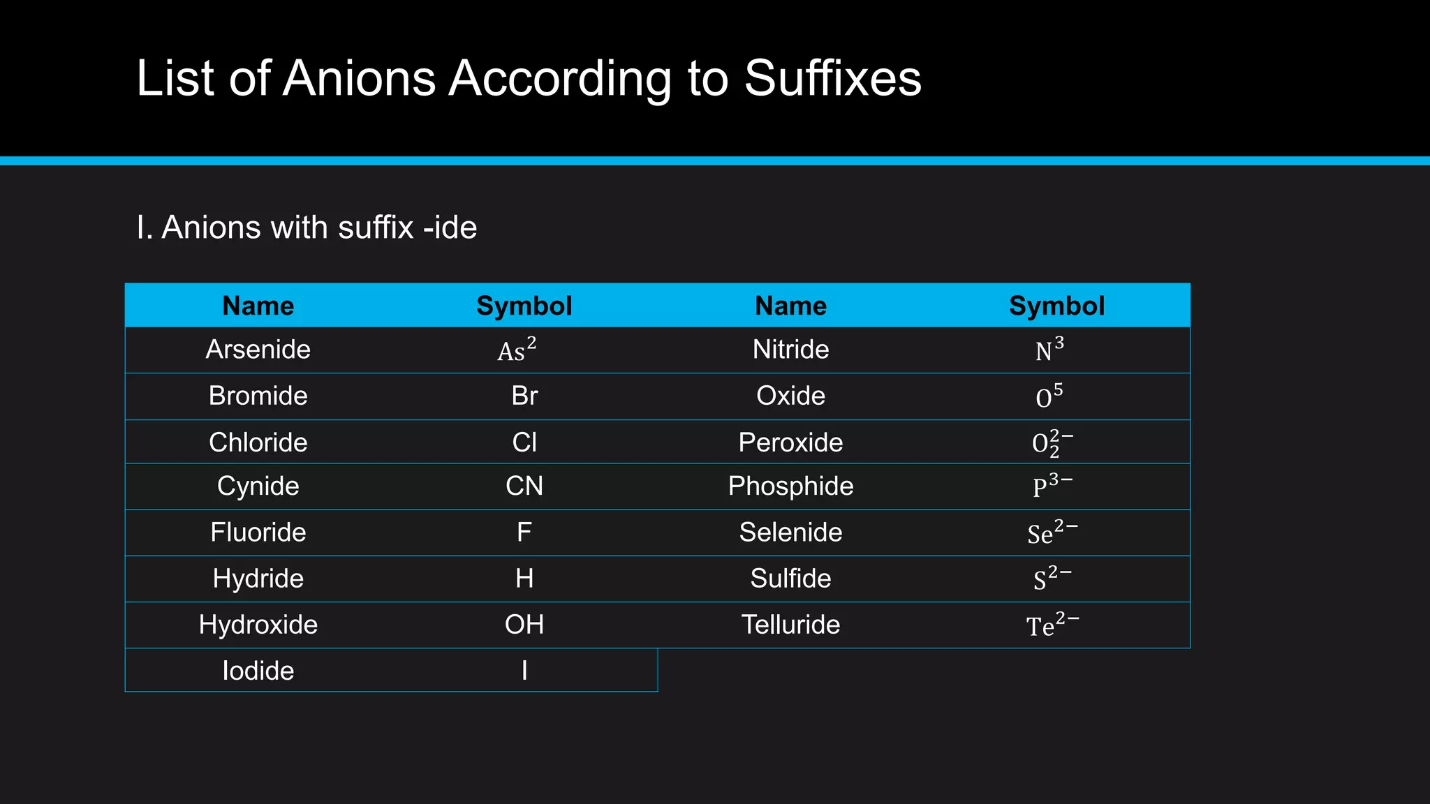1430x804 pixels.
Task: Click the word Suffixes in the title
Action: click(832, 78)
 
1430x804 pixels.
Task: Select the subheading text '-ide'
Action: click(450, 228)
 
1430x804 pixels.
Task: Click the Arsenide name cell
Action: click(258, 350)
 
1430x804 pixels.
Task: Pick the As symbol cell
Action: click(517, 350)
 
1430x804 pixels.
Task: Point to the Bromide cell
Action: click(258, 396)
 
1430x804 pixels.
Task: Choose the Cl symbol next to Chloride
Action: click(524, 442)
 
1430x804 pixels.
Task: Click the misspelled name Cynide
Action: click(258, 486)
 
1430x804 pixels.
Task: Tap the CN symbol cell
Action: click(524, 486)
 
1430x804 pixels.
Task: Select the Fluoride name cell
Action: click(258, 533)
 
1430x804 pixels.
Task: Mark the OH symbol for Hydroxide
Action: click(524, 625)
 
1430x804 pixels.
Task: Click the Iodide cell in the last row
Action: click(258, 671)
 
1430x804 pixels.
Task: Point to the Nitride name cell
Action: click(790, 350)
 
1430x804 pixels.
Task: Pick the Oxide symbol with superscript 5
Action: click(1049, 396)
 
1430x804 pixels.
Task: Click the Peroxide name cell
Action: click(790, 442)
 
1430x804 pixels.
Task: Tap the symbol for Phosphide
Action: click(1052, 485)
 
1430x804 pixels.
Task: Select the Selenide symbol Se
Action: click(1052, 533)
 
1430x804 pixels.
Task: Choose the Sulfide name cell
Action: click(790, 579)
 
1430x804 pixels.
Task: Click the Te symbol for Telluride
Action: click(1052, 625)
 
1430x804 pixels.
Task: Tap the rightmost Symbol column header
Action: click(1056, 306)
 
